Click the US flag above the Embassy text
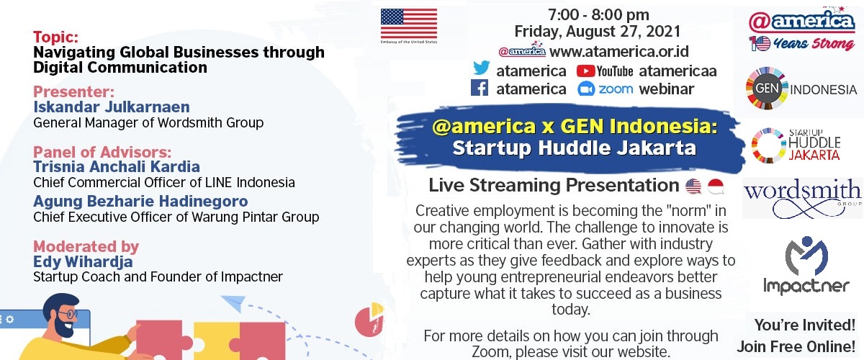coord(409,24)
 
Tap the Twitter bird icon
coord(482,68)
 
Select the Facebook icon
coord(480,88)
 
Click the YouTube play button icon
coord(585,71)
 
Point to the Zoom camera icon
coord(586,89)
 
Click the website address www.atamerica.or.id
coord(618,51)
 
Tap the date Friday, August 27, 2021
coord(598,31)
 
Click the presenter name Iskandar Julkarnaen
coord(112,107)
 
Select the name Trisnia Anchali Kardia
coord(117,167)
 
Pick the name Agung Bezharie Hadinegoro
coord(140,201)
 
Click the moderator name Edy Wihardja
coord(83,261)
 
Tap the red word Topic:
coord(55,37)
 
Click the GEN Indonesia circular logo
coord(767,89)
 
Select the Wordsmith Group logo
coord(802,198)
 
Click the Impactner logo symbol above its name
coord(806,256)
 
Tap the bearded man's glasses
coord(68,314)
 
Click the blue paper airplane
coord(234,302)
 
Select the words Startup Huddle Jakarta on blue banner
coord(575,148)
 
